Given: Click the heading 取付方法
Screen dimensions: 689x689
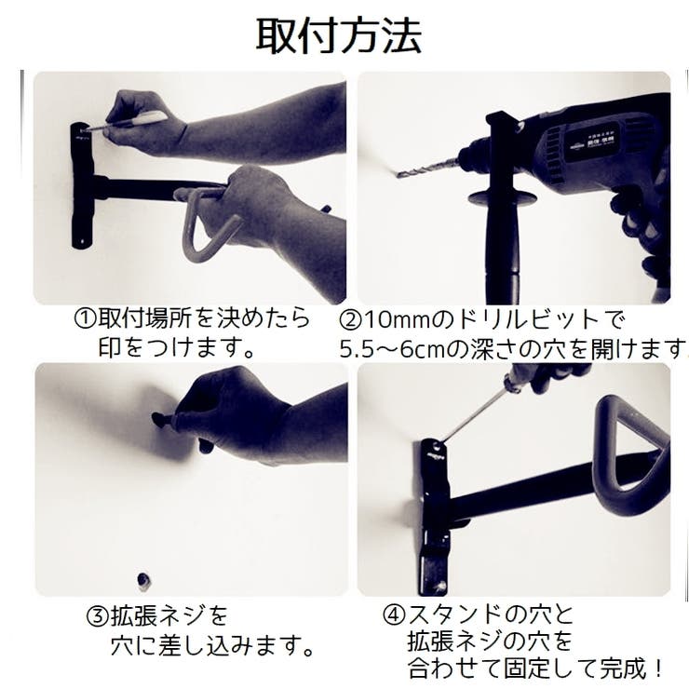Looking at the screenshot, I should point(339,35).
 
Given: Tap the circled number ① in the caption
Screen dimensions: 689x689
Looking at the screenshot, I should point(84,318).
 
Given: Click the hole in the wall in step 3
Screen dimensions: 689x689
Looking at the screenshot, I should point(144,582).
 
